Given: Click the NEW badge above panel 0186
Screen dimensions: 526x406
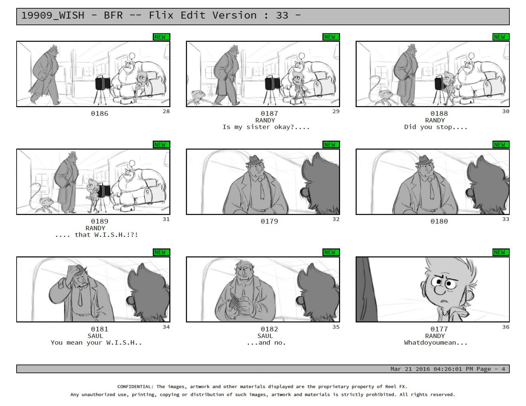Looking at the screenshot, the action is [161, 37].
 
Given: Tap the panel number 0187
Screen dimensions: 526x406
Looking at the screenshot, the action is [269, 114].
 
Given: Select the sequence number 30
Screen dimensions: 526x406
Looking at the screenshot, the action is [506, 112].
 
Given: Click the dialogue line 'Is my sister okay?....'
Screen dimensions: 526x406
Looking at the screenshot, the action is [266, 127].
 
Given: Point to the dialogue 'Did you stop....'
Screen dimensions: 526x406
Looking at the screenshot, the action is [436, 127].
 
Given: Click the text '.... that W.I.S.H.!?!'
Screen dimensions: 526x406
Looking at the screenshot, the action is [96, 235].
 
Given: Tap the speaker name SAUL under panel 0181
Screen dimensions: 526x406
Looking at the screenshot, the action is [95, 336].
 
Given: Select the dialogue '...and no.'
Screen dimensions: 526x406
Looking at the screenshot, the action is [266, 342].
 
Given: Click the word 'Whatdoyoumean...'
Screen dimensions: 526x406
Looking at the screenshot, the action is [436, 342].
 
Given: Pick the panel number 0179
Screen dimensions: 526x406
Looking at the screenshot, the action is [269, 221].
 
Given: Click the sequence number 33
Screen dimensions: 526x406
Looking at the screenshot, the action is [506, 219].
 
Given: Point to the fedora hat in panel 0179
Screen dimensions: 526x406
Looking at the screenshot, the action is [255, 160].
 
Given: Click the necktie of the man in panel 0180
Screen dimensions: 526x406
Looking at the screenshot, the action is [430, 189].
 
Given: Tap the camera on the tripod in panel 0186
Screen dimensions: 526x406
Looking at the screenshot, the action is [103, 83].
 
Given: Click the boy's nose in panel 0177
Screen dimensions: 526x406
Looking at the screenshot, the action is [439, 290].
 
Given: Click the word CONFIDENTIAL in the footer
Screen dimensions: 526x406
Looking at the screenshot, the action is [135, 386].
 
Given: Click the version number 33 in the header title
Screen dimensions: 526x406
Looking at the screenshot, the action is [282, 15].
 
